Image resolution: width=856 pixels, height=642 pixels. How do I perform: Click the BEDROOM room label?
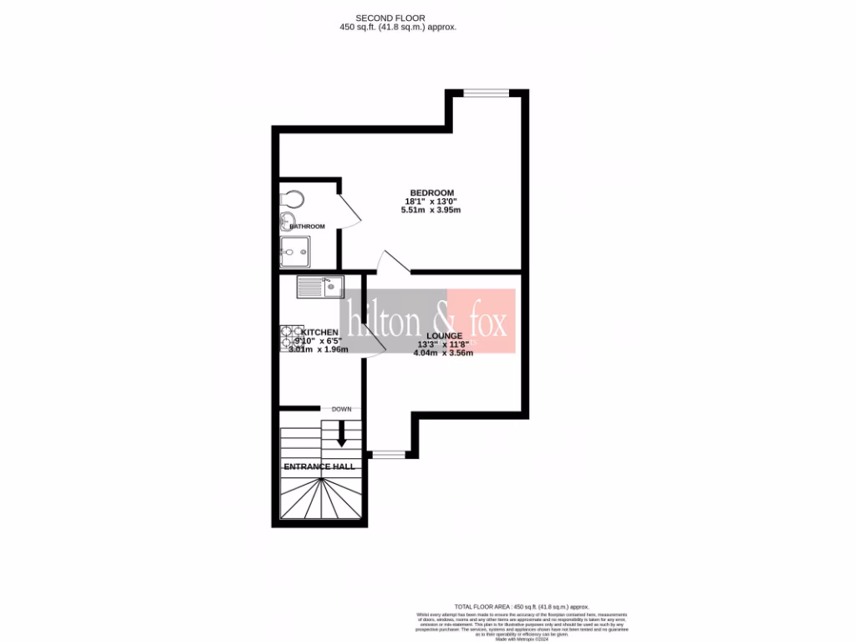point(431,193)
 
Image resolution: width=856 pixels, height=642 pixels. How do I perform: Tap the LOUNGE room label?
point(443,335)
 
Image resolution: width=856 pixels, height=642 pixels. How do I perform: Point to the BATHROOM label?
point(307,227)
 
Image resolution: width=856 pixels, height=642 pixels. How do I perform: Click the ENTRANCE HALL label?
point(318,466)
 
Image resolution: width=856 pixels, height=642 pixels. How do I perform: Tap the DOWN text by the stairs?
point(341,410)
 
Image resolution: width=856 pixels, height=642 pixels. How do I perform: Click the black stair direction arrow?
point(341,433)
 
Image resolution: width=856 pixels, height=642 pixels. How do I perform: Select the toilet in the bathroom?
point(292,200)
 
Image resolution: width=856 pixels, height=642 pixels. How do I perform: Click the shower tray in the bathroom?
point(295,250)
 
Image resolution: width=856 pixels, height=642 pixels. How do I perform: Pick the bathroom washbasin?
point(284,222)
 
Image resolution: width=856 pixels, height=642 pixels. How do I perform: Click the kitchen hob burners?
point(291,336)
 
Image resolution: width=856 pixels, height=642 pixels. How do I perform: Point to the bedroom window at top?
point(487,93)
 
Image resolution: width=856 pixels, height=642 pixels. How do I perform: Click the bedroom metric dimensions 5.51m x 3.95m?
point(431,210)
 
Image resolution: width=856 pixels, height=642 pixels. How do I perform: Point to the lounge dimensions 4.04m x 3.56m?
point(443,353)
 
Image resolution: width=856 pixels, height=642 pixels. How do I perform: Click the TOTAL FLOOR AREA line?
point(522,606)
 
